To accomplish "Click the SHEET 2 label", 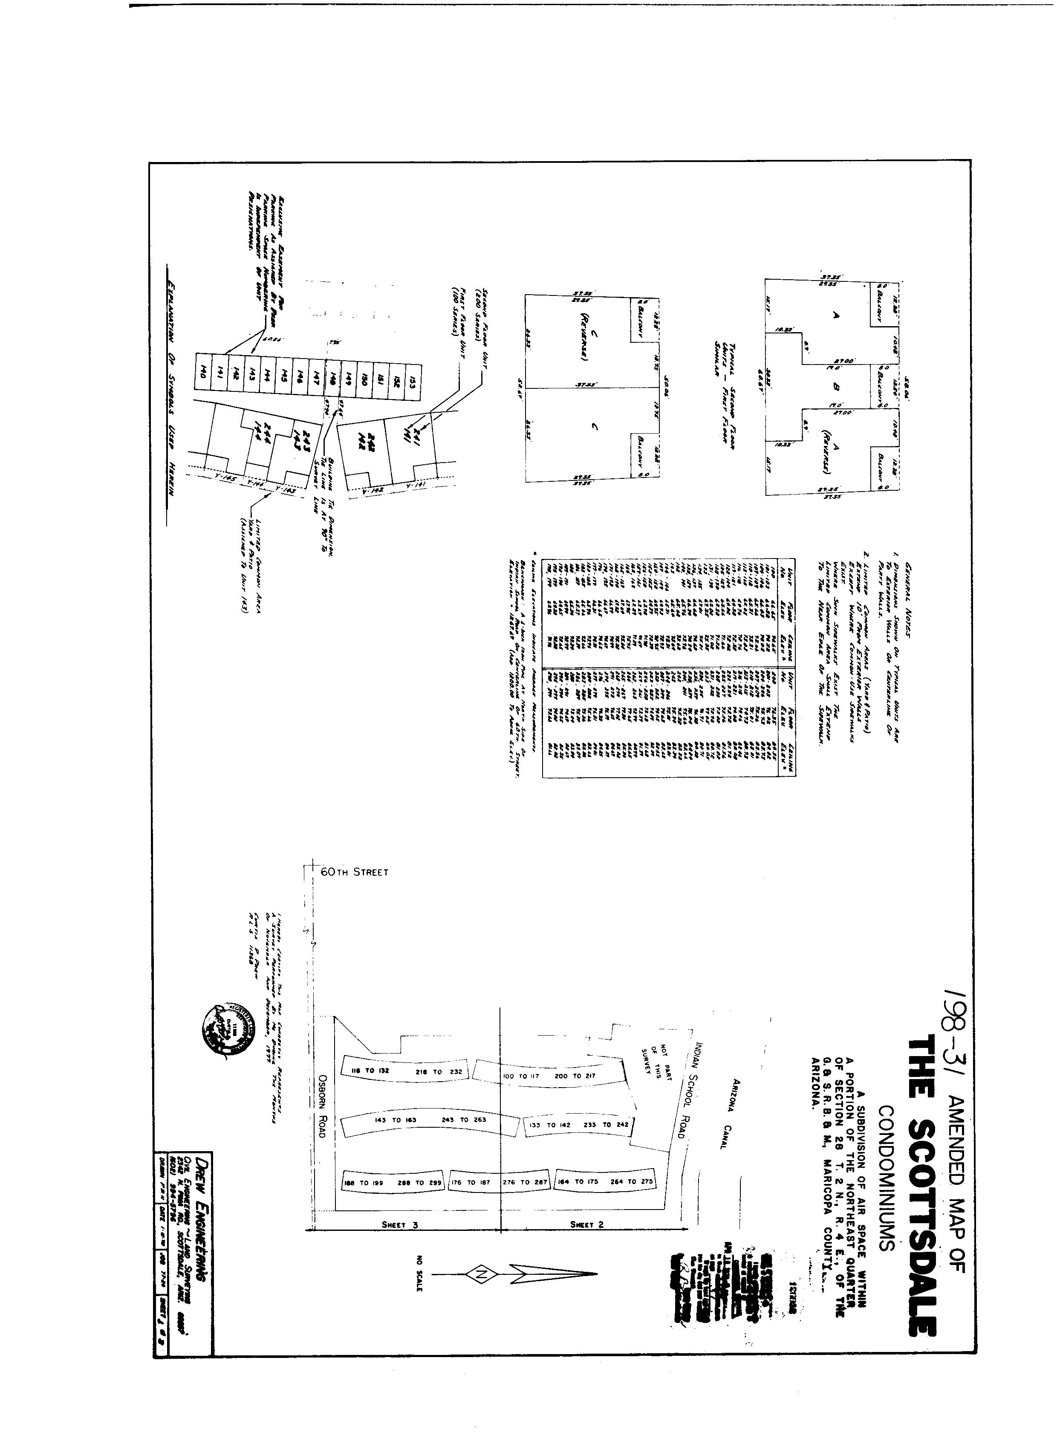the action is (x=586, y=1224).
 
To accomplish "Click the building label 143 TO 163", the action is (x=395, y=1119).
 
